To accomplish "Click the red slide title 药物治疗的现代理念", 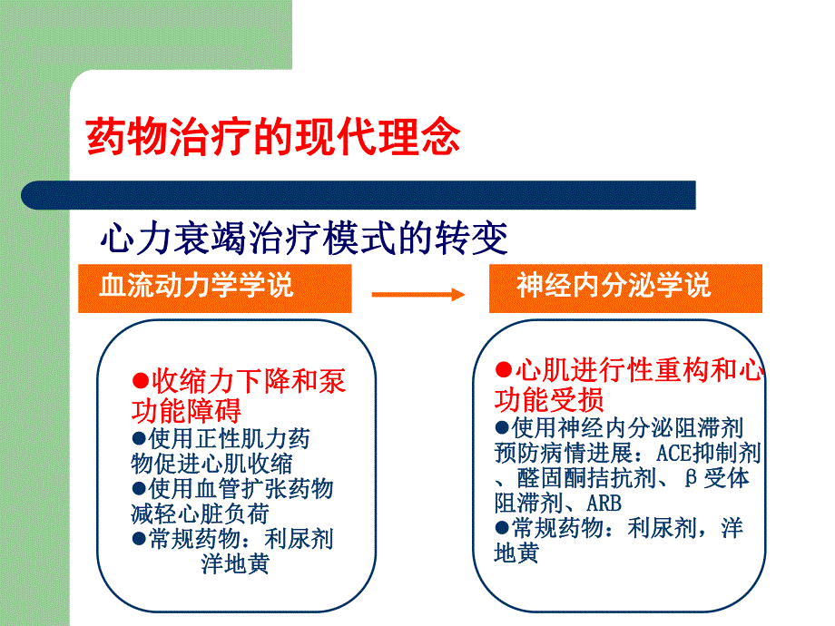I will pyautogui.click(x=272, y=138).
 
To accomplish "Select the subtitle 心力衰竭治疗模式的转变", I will pyautogui.click(x=304, y=240).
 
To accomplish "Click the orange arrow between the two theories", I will pyautogui.click(x=417, y=294).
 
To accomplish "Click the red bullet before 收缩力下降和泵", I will pyautogui.click(x=140, y=380).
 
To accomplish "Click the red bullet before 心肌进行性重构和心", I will pyautogui.click(x=504, y=370).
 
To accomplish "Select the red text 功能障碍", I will pyautogui.click(x=186, y=411).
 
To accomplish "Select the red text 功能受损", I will pyautogui.click(x=549, y=400).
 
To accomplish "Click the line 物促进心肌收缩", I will pyautogui.click(x=211, y=464).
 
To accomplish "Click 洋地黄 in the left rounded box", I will pyautogui.click(x=234, y=564).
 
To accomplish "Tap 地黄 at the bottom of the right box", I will pyautogui.click(x=516, y=553).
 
